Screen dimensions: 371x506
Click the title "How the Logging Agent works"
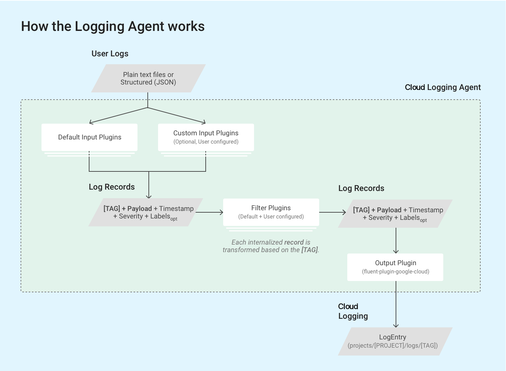[x=113, y=26]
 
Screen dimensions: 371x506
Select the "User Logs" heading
[x=110, y=54]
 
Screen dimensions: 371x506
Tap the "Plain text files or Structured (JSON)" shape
[x=148, y=78]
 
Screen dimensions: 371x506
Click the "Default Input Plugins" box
[x=89, y=137]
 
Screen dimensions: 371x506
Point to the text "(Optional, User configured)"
[x=206, y=142]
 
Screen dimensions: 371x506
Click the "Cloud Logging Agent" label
[x=443, y=87]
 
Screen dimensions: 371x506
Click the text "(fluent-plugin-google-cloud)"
[x=395, y=272]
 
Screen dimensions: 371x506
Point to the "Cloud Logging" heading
[x=353, y=311]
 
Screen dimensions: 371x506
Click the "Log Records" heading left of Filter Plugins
[x=112, y=187]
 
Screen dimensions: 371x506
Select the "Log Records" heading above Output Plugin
[x=361, y=188]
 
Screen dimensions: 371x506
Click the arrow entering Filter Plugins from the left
[x=209, y=212]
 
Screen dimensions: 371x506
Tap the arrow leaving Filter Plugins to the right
[x=333, y=212]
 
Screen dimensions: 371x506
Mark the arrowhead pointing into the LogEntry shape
[x=396, y=325]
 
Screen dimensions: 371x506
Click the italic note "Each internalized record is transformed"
[x=271, y=246]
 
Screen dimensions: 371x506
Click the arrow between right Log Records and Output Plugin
[x=396, y=240]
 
